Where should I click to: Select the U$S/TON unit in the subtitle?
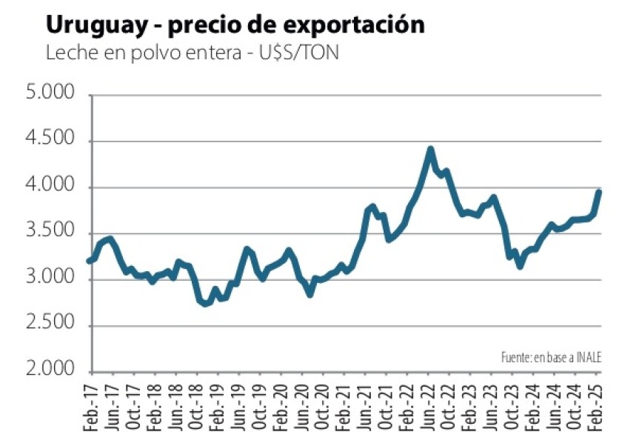(x=295, y=54)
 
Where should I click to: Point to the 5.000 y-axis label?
(x=50, y=95)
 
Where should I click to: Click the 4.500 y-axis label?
(x=50, y=141)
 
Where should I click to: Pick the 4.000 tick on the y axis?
(x=50, y=187)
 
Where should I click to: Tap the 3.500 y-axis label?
(x=50, y=233)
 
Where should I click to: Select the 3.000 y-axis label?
(x=50, y=279)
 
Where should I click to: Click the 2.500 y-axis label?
(x=50, y=325)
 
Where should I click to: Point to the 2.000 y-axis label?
(x=50, y=371)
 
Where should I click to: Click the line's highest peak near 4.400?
(x=431, y=150)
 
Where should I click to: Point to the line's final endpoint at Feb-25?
(x=598, y=192)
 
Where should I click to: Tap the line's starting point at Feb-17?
(x=90, y=261)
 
